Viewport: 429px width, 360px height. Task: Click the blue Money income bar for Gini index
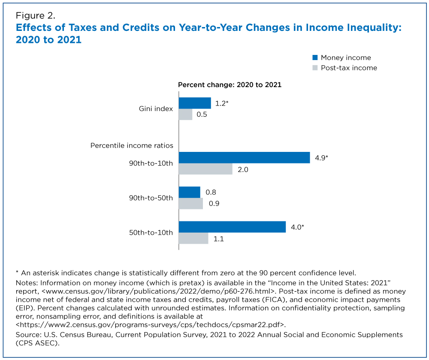point(195,103)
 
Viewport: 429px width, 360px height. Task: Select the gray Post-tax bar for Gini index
point(185,115)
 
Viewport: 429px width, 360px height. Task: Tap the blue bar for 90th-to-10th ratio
point(244,157)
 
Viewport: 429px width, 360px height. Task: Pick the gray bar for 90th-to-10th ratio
point(205,169)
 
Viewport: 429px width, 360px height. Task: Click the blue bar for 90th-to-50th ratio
point(189,192)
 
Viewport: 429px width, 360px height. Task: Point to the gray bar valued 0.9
point(190,204)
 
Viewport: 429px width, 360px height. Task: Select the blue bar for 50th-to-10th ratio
point(232,227)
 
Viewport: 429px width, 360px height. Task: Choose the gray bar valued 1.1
point(193,239)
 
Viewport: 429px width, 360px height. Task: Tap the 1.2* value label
point(222,103)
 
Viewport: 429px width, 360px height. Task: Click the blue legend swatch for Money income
point(315,57)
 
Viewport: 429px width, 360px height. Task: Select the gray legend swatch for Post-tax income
point(315,68)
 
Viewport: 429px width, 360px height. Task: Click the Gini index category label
point(156,109)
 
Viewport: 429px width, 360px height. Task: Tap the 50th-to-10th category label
point(151,233)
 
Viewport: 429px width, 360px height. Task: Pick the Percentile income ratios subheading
point(132,145)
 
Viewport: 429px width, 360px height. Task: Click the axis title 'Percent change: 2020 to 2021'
point(230,85)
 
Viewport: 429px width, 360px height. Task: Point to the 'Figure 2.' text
point(35,17)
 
